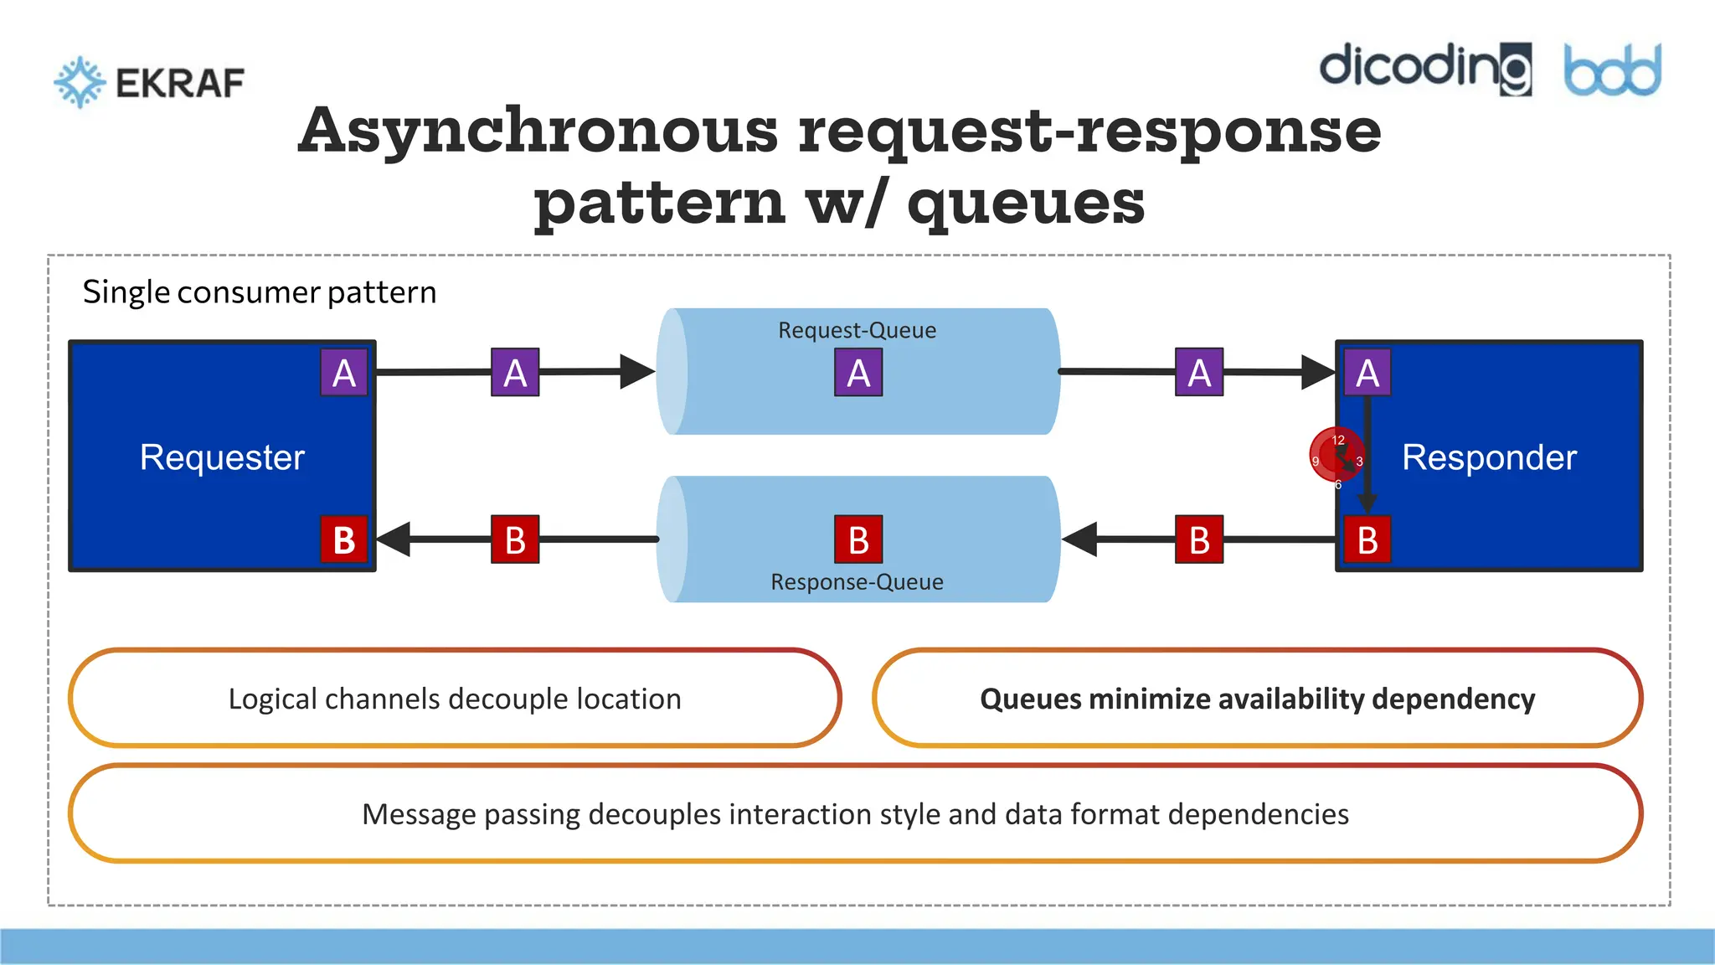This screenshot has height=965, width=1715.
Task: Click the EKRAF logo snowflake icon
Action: tap(80, 82)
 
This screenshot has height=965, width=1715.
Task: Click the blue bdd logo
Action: tap(1612, 70)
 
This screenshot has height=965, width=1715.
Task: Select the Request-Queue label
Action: tap(857, 330)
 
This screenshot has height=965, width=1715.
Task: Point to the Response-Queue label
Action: tap(857, 582)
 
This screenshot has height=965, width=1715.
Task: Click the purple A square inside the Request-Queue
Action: tap(858, 373)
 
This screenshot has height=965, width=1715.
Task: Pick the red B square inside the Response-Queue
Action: tap(858, 539)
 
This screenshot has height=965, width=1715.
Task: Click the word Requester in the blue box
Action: tap(222, 457)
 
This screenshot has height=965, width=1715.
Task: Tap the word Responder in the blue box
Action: tap(1489, 457)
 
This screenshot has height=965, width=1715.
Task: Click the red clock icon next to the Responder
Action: tap(1336, 455)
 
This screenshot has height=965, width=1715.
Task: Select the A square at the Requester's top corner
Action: tap(344, 373)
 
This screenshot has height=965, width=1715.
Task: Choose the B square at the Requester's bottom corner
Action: tap(344, 539)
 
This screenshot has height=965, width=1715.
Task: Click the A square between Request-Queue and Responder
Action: tap(1199, 373)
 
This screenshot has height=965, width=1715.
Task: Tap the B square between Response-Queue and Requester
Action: tap(515, 539)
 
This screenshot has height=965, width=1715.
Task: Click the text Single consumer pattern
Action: tap(260, 292)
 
